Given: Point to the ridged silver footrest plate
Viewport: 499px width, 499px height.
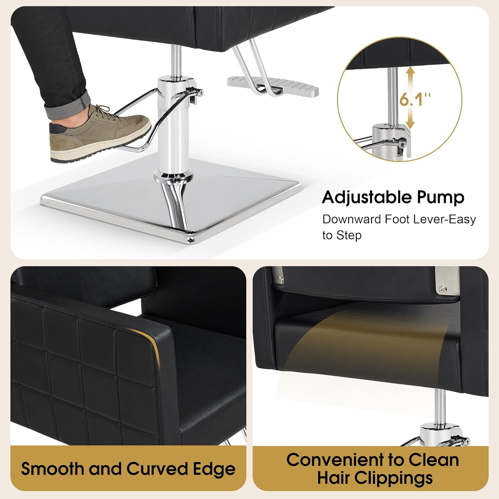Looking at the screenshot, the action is pyautogui.click(x=273, y=85).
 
